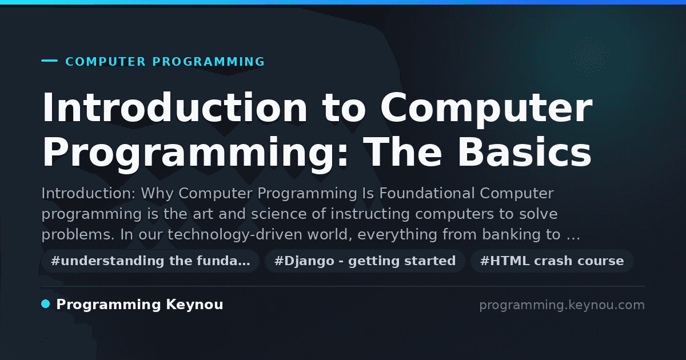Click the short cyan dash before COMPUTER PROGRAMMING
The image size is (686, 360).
[x=49, y=61]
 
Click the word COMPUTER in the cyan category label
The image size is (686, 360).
[x=106, y=62]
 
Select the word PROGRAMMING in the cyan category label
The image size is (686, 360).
[x=209, y=62]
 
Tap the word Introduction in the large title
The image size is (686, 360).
[x=174, y=107]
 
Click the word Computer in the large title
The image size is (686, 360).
[x=486, y=109]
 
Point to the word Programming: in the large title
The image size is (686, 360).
[x=195, y=154]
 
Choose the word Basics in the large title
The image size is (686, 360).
[x=524, y=152]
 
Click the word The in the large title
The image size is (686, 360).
[x=402, y=152]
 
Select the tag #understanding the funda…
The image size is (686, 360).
[x=150, y=261]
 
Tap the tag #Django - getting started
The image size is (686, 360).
[x=365, y=261]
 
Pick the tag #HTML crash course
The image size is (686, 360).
[x=552, y=261]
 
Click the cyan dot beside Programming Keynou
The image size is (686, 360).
[x=46, y=304]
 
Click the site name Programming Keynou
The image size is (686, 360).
[x=139, y=305]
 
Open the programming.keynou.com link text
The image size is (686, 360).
[x=562, y=305]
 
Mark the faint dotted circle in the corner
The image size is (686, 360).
[x=591, y=56]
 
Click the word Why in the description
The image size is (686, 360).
[x=157, y=194]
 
